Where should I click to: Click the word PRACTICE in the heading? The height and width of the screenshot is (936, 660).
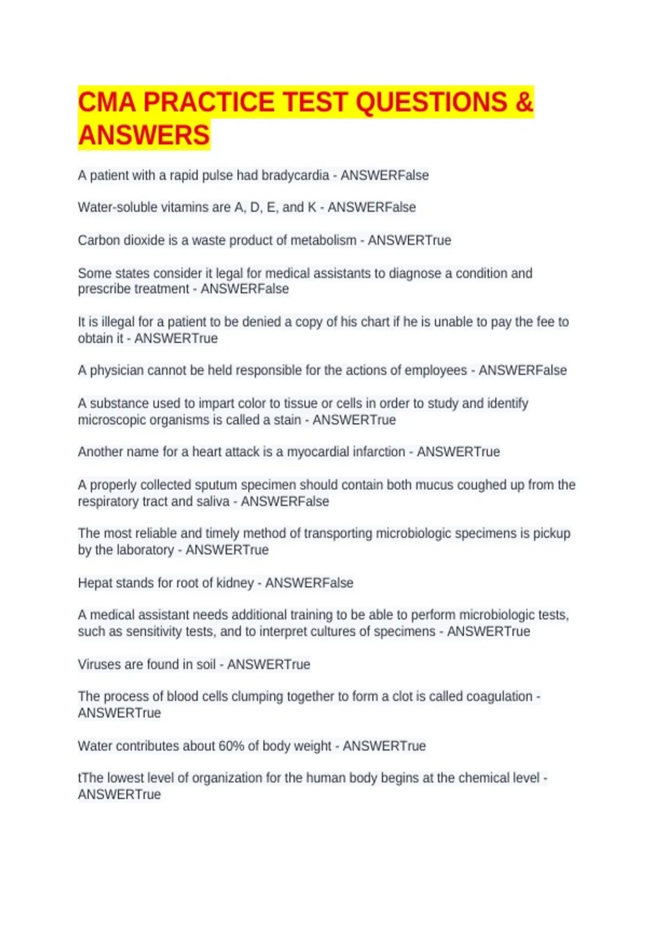209,102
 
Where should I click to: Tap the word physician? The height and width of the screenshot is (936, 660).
117,371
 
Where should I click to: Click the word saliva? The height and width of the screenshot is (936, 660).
212,502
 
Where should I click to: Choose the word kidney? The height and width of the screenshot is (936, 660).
235,583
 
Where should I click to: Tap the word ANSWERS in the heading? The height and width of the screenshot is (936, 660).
144,135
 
